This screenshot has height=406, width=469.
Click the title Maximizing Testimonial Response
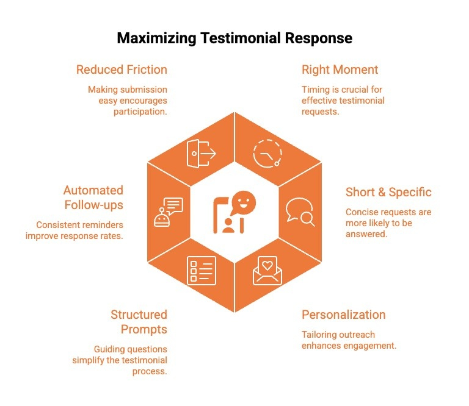click(x=234, y=38)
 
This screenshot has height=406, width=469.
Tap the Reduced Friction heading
click(x=122, y=69)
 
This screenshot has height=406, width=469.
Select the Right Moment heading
click(x=340, y=69)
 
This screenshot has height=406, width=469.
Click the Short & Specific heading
click(x=388, y=193)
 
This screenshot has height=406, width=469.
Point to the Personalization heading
click(x=344, y=315)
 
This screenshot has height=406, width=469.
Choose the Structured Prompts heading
click(x=139, y=322)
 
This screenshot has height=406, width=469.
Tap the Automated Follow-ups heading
click(x=93, y=198)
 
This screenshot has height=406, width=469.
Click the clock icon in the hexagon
click(x=267, y=154)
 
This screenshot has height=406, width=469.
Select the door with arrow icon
click(x=201, y=154)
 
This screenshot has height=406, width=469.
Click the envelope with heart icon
click(x=267, y=270)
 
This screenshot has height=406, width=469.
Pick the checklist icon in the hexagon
click(x=201, y=270)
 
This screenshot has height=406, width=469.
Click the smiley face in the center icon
click(x=244, y=201)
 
